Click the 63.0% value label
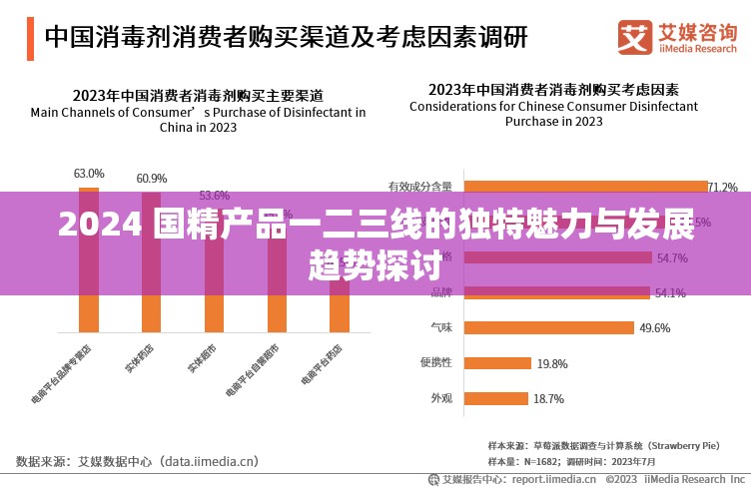89,174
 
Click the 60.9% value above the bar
152,179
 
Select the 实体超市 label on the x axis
203,358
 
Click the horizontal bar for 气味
549,327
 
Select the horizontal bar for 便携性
497,363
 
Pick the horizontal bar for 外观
495,398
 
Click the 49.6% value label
655,327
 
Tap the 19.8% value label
552,363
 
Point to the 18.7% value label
548,398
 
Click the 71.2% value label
722,187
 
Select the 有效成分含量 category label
419,187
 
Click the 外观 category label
440,398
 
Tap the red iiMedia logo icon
634,38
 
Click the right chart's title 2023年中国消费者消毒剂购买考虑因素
553,89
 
